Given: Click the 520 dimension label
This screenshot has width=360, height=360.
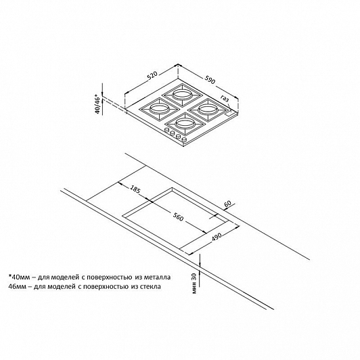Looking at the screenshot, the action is pos(152,76).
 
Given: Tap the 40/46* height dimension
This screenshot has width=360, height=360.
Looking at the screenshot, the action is pos(99,104).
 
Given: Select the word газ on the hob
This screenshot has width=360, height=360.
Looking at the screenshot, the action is pos(225,98).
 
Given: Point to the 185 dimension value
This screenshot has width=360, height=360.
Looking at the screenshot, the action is pos(135,189).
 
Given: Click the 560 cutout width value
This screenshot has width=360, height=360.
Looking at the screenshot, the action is pos(178,217).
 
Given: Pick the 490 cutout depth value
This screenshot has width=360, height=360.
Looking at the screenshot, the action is pos(217,237).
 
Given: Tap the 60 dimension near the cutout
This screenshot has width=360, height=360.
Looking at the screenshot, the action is pos(227,204).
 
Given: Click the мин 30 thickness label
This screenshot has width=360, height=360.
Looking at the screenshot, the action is pos(194,284).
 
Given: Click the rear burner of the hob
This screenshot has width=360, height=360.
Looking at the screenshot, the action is pos(182,95).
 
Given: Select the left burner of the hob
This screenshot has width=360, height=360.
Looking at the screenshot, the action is pos(158,109).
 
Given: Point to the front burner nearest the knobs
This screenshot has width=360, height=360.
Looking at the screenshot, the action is pos(185,124).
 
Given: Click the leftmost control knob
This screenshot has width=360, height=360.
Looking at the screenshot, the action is pos(166,130).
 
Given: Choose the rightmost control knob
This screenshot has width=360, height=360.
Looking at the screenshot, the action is pos(184,139).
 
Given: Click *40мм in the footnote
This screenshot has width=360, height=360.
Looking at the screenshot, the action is pos(19,277).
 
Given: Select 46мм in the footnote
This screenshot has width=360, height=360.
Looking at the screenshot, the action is pos(17,286).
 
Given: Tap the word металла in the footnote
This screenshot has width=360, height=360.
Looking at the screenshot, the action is pos(157,277).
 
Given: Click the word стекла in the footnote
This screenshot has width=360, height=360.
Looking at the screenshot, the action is pos(150,287).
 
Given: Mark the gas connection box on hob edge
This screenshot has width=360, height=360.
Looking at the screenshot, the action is pos(229,113).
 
